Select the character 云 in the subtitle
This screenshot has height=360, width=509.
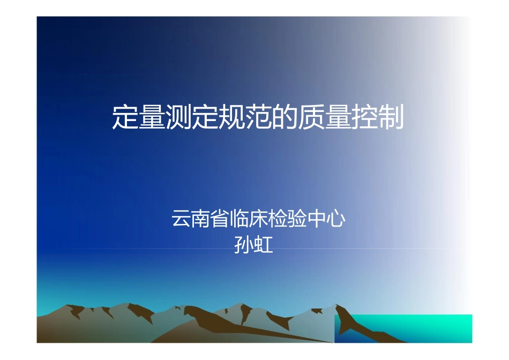pyautogui.click(x=181, y=220)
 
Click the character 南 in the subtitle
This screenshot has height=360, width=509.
pyautogui.click(x=201, y=220)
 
